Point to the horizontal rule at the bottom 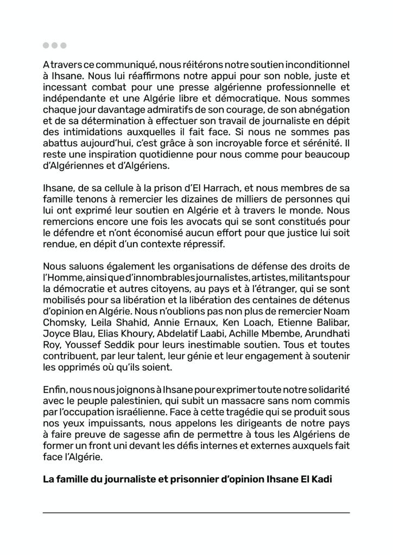point(196,512)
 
